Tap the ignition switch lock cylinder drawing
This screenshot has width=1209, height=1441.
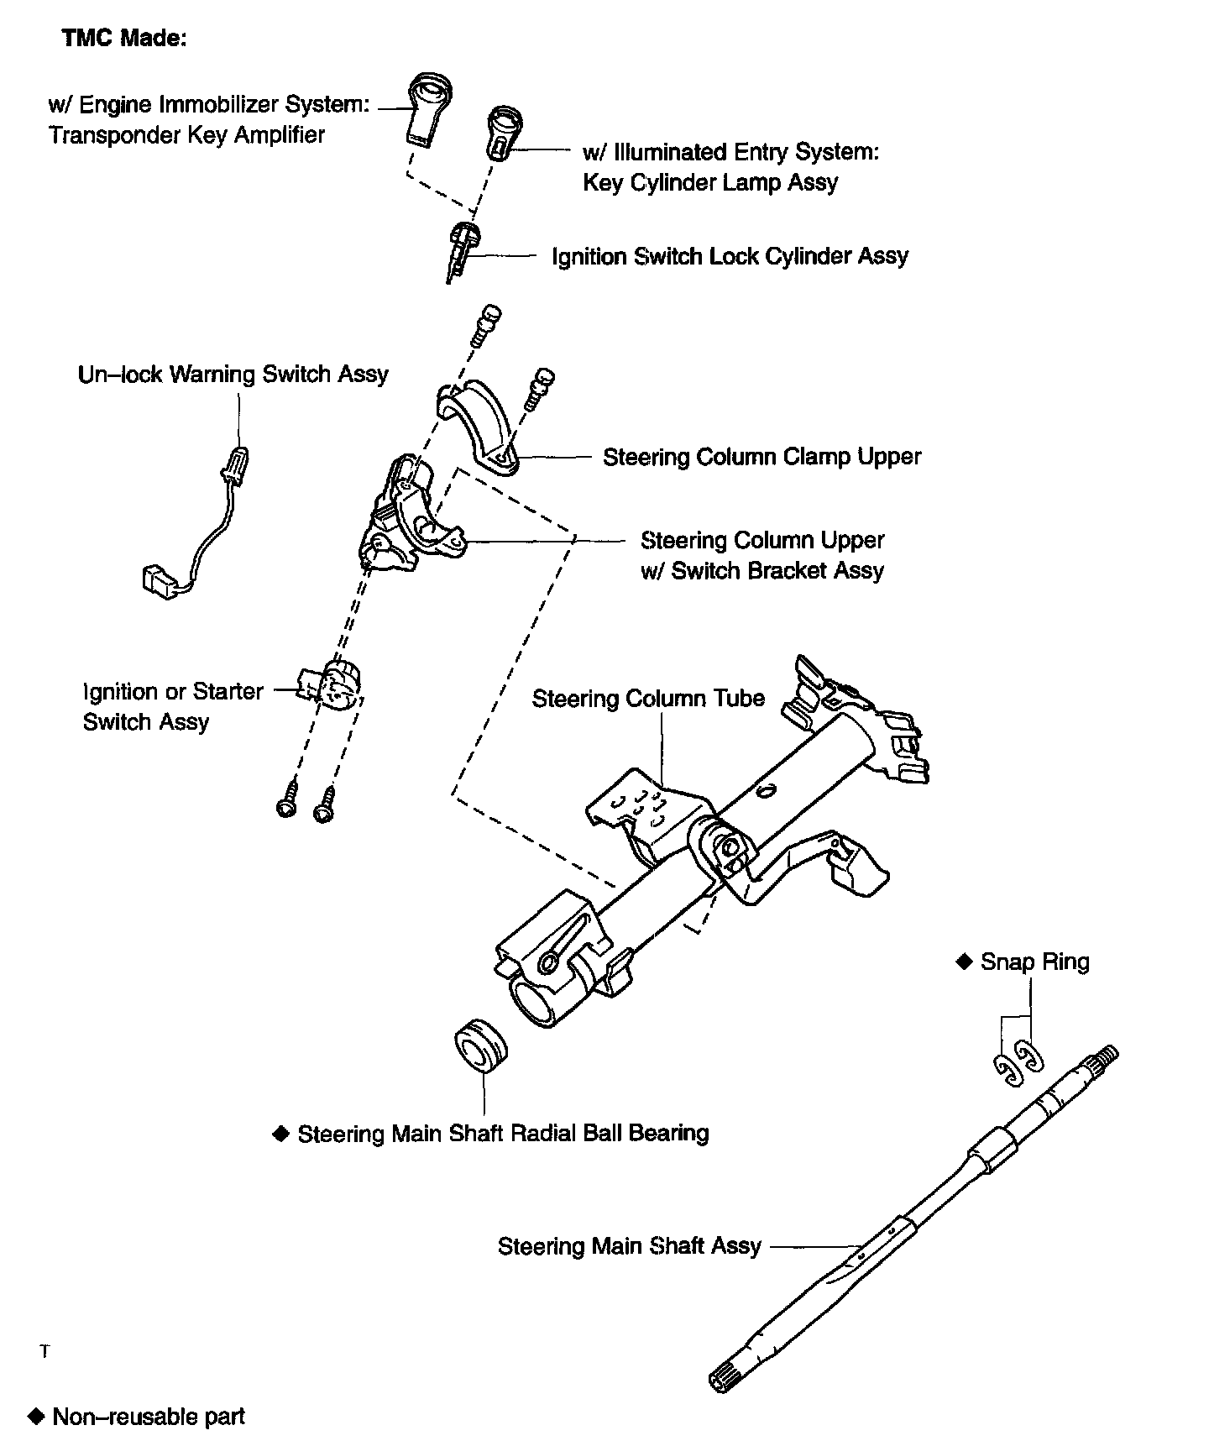461,248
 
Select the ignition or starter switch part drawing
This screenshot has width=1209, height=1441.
334,684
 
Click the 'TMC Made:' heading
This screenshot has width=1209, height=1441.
123,39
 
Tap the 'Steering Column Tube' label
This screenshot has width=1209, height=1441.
648,699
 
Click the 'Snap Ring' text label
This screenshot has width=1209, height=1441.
1034,962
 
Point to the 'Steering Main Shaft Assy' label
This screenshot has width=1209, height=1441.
629,1245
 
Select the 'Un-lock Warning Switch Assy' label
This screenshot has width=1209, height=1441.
233,374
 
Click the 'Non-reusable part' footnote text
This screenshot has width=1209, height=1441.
149,1417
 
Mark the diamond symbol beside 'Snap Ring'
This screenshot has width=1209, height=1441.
964,962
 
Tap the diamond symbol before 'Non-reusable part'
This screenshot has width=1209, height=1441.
35,1416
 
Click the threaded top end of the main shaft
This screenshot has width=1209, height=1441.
1103,1060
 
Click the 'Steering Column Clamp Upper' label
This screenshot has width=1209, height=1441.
762,457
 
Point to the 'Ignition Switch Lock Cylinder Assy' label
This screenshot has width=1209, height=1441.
730,256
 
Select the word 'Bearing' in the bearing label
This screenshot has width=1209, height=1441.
669,1134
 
